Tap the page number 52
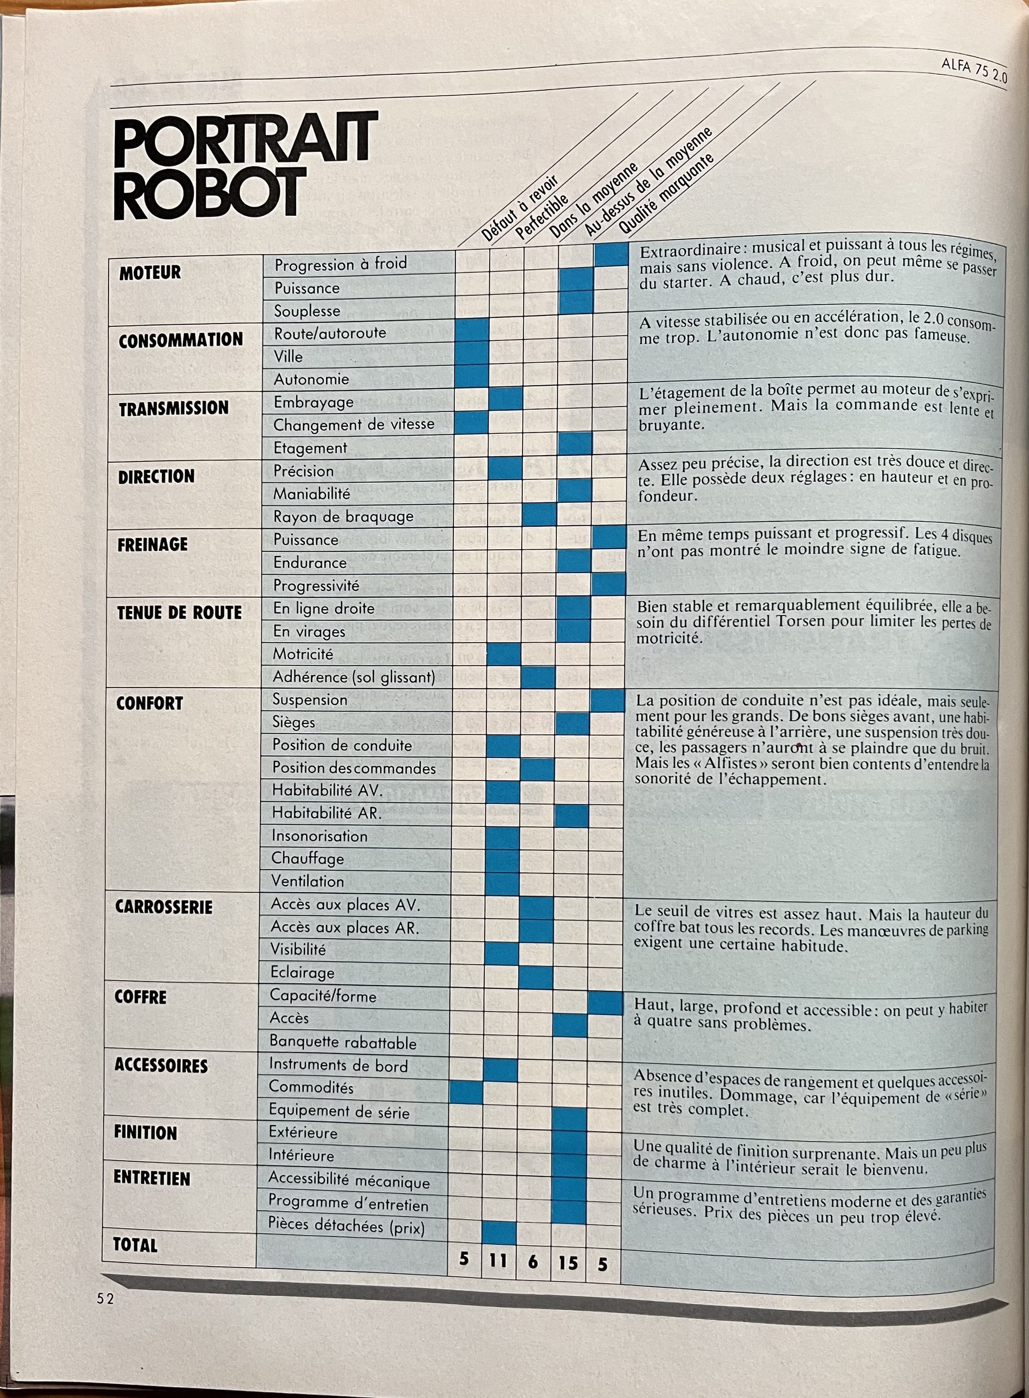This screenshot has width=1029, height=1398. coord(105,1299)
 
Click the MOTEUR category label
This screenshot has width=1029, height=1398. coord(150,272)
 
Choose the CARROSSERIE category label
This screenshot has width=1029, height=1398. coord(163,907)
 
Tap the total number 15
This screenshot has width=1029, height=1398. coord(568,1263)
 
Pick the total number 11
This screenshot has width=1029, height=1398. coord(498,1260)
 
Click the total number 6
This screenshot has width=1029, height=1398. coord(532,1262)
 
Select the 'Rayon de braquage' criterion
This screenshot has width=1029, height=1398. coord(343,517)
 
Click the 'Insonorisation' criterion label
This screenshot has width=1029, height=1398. coord(319,836)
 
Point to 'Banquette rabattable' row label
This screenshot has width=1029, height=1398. coord(343,1042)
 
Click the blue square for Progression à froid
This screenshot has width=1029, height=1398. coord(611,254)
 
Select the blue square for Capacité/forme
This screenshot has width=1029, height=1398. coord(606,1003)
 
